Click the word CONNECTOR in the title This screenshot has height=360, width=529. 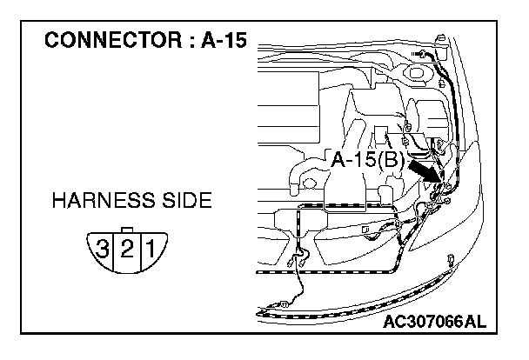101,42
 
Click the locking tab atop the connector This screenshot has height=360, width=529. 127,230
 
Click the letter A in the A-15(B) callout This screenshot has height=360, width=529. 338,160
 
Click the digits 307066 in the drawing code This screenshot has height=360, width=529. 434,323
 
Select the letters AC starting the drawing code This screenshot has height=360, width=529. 394,323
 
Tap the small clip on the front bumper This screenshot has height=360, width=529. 451,258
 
